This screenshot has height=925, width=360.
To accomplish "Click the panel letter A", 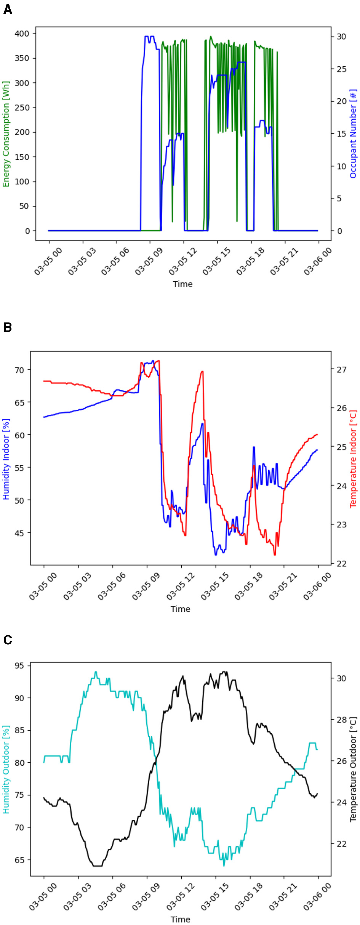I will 8,10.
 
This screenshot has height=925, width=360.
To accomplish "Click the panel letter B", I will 8,327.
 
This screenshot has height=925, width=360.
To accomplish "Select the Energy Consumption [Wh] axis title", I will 6,134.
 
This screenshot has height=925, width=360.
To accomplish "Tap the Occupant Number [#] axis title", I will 353,134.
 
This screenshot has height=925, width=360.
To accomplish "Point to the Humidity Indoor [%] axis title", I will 6,459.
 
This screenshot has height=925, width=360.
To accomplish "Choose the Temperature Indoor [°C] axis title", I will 353,458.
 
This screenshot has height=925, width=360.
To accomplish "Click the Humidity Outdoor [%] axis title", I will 6,769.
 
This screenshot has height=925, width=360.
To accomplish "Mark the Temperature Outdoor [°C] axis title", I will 353,769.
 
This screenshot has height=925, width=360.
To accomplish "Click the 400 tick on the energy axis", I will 22,34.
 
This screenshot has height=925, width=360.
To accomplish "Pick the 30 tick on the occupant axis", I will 341,37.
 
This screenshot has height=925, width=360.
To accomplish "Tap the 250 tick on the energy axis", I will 22,107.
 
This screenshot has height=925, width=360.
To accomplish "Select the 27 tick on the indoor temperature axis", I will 341,369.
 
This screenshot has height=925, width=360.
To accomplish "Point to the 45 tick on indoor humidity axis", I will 19,533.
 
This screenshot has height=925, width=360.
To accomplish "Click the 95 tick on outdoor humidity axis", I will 19,665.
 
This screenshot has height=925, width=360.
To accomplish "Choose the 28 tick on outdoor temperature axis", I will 341,720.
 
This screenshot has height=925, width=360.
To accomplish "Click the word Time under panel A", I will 183,284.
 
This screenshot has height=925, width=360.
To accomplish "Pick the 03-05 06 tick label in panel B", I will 112,586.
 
